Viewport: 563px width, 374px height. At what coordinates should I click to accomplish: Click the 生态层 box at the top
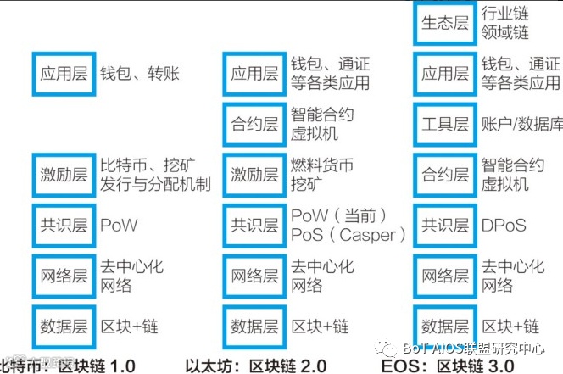444,23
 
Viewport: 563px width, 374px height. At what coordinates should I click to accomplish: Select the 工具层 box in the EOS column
444,124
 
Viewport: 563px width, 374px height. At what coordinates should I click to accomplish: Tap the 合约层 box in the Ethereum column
254,124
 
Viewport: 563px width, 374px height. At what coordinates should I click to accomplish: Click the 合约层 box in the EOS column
444,174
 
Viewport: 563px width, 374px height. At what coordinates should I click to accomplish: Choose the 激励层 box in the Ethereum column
254,174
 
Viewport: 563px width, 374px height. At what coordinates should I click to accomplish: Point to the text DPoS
503,226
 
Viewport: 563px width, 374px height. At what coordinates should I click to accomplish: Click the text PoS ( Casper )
348,234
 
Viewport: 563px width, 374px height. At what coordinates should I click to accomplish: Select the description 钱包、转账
140,74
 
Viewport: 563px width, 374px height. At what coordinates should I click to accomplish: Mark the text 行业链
505,14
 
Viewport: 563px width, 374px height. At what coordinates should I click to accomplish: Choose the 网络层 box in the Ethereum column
254,276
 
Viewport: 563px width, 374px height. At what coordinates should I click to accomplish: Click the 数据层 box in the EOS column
444,326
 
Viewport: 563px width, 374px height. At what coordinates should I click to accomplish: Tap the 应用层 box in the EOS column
444,74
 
